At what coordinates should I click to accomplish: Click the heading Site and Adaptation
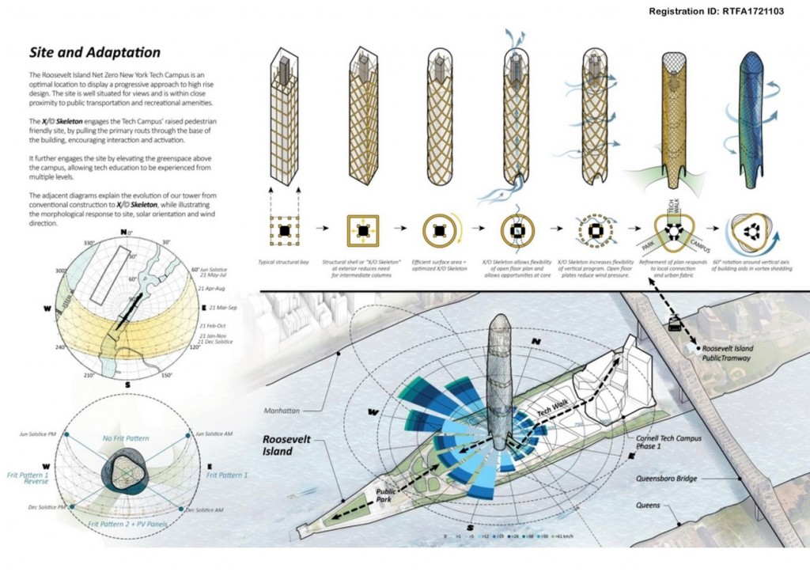(x=95, y=53)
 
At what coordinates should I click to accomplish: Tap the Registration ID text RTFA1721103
(x=716, y=12)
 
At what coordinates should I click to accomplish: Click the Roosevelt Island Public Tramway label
(x=728, y=353)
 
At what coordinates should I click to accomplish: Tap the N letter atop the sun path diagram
(x=123, y=232)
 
